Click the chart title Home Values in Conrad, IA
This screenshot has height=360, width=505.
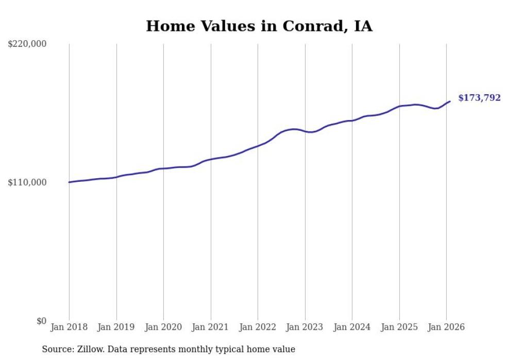point(259,26)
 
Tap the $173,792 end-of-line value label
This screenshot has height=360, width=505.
point(479,98)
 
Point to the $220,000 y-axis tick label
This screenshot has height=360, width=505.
point(27,44)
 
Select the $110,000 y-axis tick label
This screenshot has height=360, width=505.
point(27,183)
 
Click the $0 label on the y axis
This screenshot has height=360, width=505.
point(41,321)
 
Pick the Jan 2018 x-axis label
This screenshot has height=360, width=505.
point(69,327)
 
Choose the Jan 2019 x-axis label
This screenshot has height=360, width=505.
point(116,327)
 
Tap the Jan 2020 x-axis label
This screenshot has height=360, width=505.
point(163,327)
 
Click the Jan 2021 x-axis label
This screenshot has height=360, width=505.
point(211,327)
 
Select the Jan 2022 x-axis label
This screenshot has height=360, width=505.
point(258,327)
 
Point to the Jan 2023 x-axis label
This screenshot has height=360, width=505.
point(305,327)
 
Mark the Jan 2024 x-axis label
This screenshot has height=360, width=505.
point(352,327)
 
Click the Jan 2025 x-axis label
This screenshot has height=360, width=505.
point(399,327)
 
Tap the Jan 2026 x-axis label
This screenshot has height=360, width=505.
point(446,327)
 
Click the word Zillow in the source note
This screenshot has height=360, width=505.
point(90,350)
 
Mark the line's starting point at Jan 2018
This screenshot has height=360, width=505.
point(69,182)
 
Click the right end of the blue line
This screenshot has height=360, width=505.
point(450,101)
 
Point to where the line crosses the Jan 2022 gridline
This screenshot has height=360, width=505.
point(258,146)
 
